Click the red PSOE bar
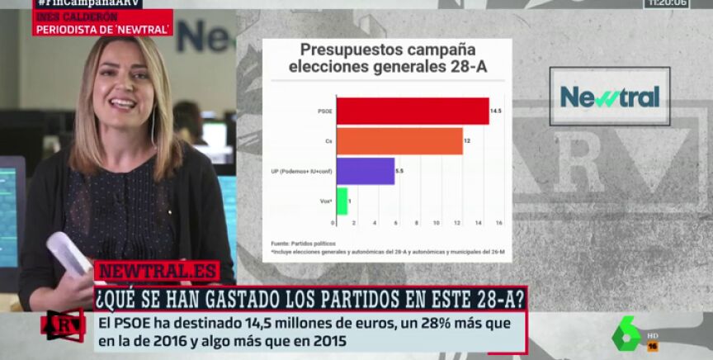click(x=412, y=111)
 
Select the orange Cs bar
click(x=399, y=140)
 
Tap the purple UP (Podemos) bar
click(x=365, y=170)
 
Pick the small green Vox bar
click(x=342, y=201)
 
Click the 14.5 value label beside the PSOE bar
click(x=496, y=111)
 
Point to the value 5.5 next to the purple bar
click(x=399, y=170)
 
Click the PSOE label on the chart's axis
click(x=324, y=111)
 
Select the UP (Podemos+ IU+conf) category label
click(x=301, y=171)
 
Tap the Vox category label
click(x=326, y=201)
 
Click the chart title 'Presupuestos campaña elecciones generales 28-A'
click(x=387, y=58)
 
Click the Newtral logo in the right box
click(x=609, y=97)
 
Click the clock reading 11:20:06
click(x=667, y=3)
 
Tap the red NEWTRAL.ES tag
click(x=156, y=272)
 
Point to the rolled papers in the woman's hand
click(x=68, y=253)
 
